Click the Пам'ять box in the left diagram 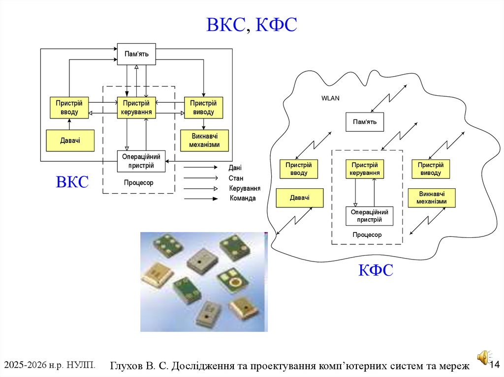(136, 54)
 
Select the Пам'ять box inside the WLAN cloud (364, 122)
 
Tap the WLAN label (330, 98)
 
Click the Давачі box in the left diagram (70, 141)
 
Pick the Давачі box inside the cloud (299, 198)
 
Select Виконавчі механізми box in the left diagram (203, 141)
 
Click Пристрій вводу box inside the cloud (298, 169)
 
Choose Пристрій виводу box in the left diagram (203, 108)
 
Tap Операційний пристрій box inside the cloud (369, 216)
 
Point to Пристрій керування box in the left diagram (136, 108)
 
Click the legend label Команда (243, 199)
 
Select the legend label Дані (235, 168)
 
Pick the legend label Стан (236, 178)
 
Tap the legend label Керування (245, 188)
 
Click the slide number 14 (495, 364)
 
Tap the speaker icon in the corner (482, 357)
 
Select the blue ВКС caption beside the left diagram (72, 182)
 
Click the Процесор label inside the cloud (367, 235)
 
